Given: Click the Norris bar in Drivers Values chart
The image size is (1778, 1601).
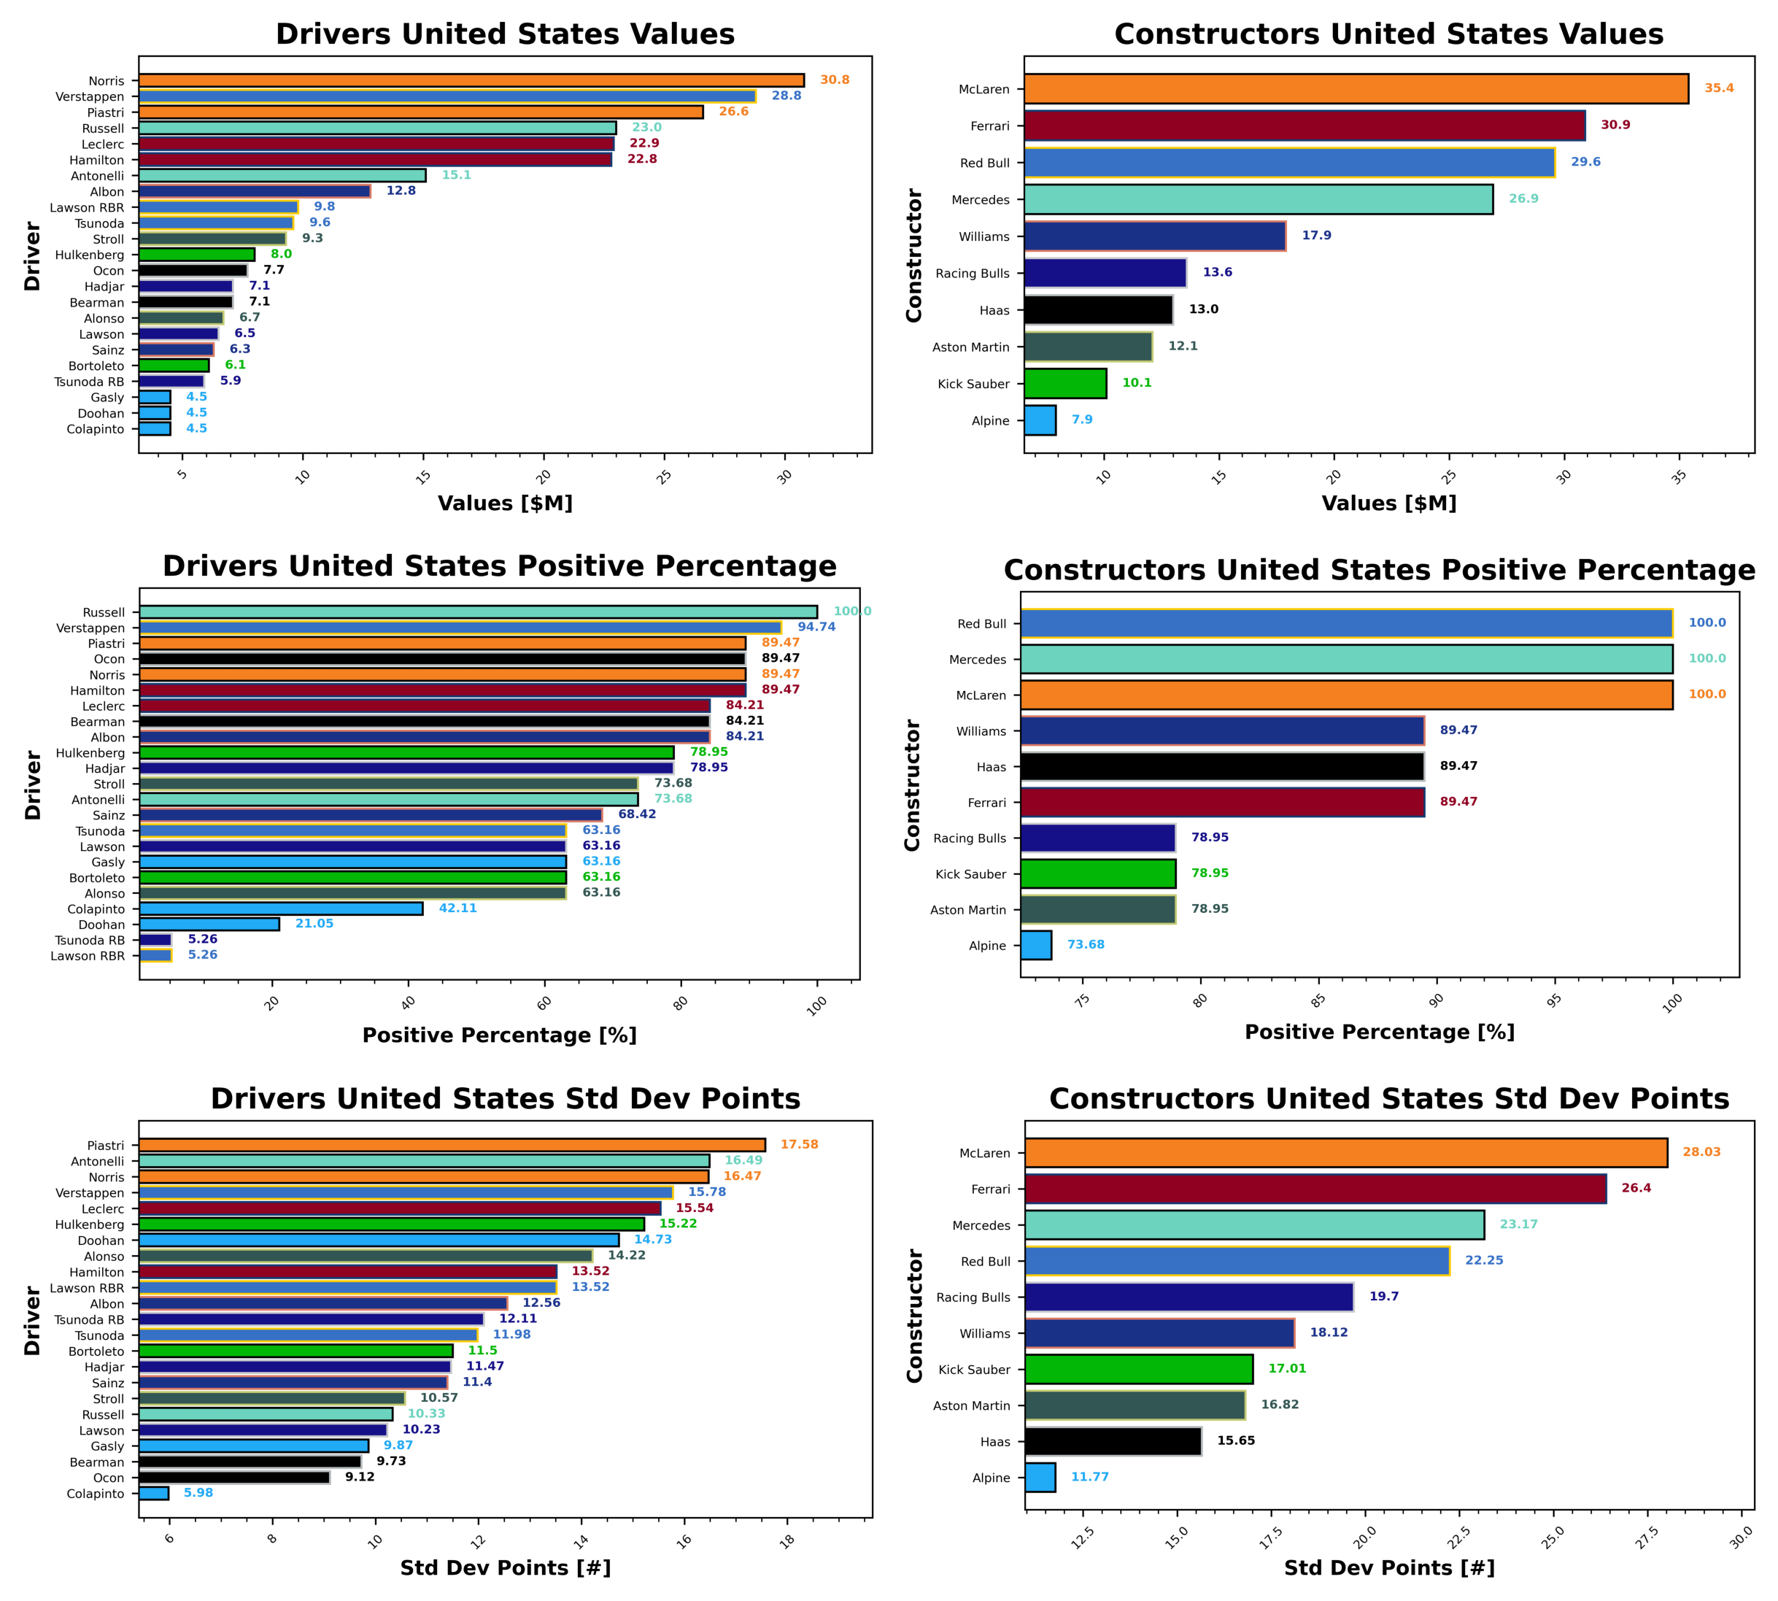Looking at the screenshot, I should [471, 80].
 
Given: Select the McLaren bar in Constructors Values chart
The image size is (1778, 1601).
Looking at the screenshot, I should [1355, 89].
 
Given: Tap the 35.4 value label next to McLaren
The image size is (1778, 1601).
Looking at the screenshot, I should [1718, 88].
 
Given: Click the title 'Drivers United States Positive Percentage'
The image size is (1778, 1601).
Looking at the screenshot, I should [500, 566].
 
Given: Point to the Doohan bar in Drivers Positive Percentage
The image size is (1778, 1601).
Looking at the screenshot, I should [209, 925].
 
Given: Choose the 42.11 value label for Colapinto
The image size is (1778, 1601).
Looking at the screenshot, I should [457, 908].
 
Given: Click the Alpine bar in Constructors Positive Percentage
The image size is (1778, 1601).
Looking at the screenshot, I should [1036, 946].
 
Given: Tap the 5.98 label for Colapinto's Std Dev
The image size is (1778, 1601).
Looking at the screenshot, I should [198, 1493].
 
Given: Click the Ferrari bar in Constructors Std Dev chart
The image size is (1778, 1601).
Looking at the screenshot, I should [1315, 1189].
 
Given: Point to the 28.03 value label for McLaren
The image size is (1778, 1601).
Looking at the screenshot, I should [1701, 1151].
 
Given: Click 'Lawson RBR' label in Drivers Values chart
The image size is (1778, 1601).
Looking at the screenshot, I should [87, 207].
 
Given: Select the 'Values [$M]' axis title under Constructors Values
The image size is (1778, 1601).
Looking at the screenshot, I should [1388, 504].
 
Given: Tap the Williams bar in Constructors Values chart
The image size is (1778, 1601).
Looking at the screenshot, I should [1153, 236].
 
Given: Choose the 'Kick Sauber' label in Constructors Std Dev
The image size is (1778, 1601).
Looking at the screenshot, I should [973, 1370].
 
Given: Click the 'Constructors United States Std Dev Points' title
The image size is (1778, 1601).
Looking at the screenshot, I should [1388, 1099].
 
